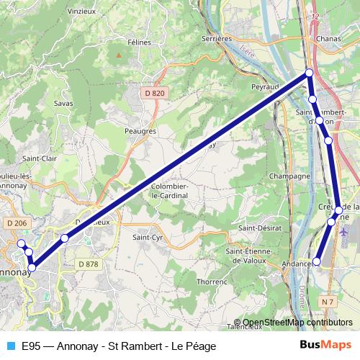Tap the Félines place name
pyautogui.click(x=139, y=42)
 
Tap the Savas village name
pyautogui.click(x=63, y=103)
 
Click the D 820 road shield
pyautogui.click(x=154, y=93)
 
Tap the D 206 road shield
pyautogui.click(x=16, y=224)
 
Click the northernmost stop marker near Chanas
pyautogui.click(x=309, y=72)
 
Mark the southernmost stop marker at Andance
pyautogui.click(x=316, y=260)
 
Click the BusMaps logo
pyautogui.click(x=325, y=346)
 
